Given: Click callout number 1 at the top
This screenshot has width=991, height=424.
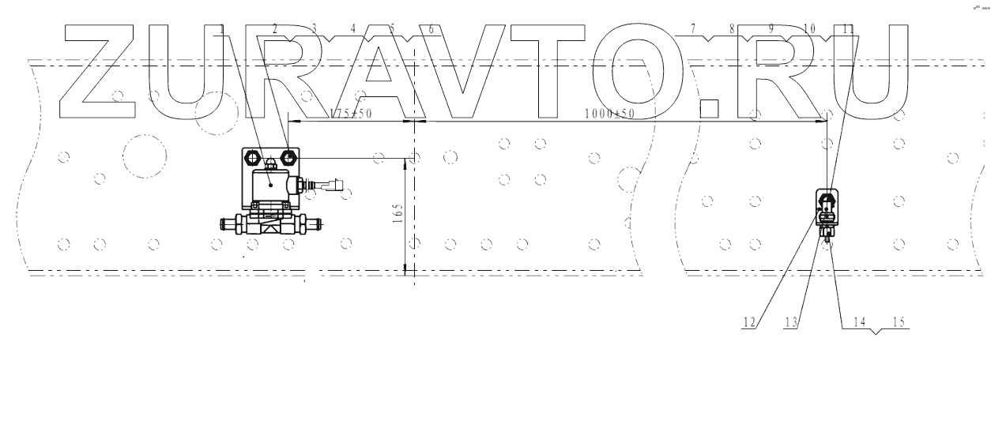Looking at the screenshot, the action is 223,29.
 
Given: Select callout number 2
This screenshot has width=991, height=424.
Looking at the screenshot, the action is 275,29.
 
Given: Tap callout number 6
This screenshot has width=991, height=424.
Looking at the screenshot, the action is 431,29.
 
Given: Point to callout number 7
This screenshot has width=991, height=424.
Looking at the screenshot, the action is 693,29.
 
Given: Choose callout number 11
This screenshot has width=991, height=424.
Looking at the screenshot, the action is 848,29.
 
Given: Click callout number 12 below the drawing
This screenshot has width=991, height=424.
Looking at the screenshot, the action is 749,322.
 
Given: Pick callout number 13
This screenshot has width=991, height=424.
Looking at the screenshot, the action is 790,322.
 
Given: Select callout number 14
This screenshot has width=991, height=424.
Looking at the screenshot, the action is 861,322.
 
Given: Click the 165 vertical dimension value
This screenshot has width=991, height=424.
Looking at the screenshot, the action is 398,213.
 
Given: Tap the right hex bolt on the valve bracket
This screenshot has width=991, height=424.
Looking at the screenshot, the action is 288,156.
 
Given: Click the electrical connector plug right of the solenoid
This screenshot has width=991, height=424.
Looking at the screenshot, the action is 333,188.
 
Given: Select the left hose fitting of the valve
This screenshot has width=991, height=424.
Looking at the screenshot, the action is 229,224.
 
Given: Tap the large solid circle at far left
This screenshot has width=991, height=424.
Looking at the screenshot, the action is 145,156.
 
